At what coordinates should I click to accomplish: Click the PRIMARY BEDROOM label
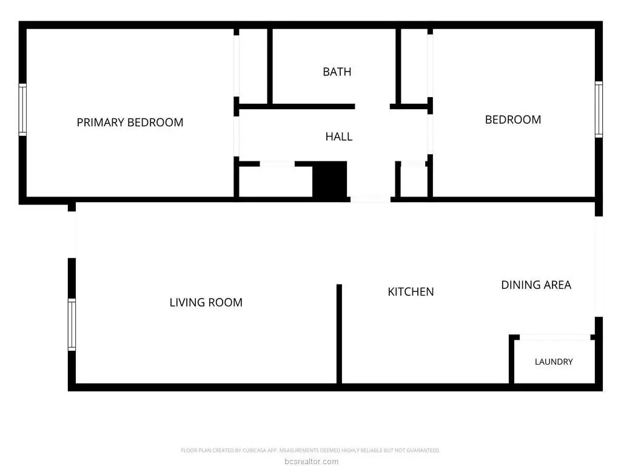[x=130, y=123]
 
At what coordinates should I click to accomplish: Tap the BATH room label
[x=337, y=72]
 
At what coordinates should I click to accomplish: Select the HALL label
[x=338, y=137]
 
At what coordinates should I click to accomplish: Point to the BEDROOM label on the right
[x=513, y=120]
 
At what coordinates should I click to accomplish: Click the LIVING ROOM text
[x=206, y=302]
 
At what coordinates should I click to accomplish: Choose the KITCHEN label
[x=411, y=292]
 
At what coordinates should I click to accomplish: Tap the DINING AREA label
[x=536, y=285]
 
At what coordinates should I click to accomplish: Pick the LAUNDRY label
[x=554, y=362]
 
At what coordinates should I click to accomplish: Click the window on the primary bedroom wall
[x=22, y=110]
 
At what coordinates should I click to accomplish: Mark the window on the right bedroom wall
[x=599, y=109]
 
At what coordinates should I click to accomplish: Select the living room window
[x=72, y=325]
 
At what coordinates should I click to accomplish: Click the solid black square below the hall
[x=329, y=179]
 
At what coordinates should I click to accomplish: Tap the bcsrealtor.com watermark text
[x=311, y=461]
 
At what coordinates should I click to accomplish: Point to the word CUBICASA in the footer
[x=254, y=451]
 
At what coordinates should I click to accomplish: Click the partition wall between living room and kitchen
[x=339, y=334]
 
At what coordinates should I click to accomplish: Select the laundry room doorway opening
[x=555, y=337]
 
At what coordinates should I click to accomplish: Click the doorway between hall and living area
[x=371, y=199]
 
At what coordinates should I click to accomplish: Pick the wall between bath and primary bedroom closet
[x=270, y=67]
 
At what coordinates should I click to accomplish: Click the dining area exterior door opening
[x=599, y=266]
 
